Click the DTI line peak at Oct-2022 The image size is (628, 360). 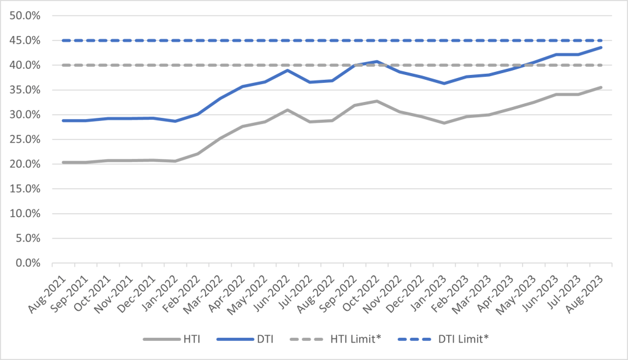coord(377,61)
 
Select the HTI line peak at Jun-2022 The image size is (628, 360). coord(287,110)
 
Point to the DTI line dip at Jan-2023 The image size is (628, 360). coord(444,84)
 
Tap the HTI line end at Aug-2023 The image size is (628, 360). coord(601,87)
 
